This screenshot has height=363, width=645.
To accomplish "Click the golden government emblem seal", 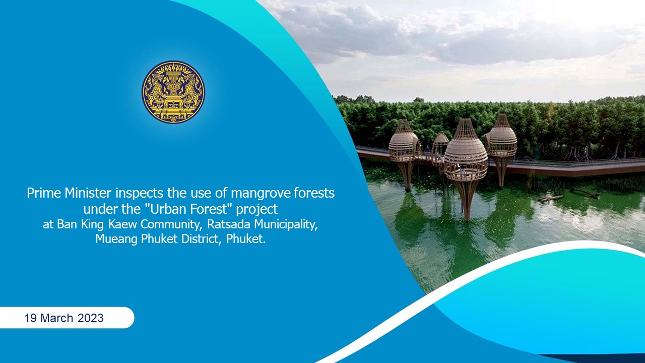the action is coord(173,92).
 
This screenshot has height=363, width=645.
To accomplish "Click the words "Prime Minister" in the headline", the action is coord(69,193).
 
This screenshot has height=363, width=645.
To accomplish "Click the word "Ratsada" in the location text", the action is coord(229,224).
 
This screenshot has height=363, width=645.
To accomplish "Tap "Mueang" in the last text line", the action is coord(116,239).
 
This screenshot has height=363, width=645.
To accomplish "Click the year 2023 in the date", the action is coord(90,318).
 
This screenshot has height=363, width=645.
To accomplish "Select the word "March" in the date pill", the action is coord(57,318).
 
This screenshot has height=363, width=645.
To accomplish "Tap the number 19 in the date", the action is coord(31,318).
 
